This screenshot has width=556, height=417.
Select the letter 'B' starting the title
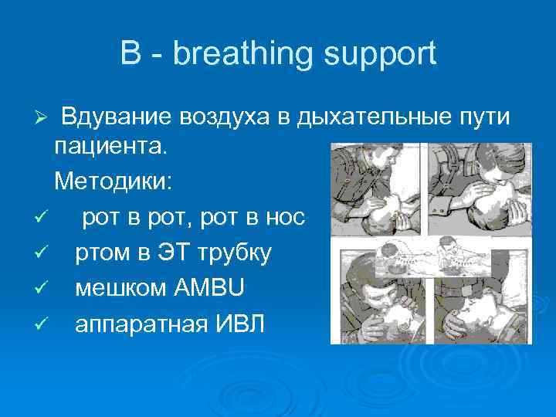[130, 55]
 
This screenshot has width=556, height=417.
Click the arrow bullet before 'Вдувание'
[43, 118]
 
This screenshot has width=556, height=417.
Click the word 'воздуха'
[229, 117]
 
